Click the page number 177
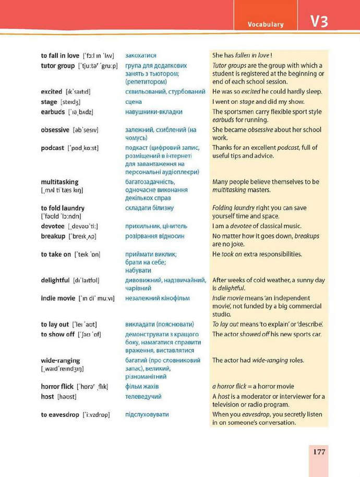pos(319,451)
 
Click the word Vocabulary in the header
pos(266,24)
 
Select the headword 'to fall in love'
pos(60,55)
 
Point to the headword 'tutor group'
pos(58,66)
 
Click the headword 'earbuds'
pos(53,112)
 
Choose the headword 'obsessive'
pos(55,130)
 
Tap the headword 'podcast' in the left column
pos(53,148)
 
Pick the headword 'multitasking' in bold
pos(59,182)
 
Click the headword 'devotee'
pos(53,226)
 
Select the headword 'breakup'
pos(53,236)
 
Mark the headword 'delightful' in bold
pos(55,280)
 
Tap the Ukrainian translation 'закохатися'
pos(141,55)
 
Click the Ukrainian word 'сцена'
pos(134,102)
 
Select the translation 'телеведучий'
pos(143,397)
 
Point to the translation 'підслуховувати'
pos(147,414)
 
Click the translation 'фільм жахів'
pos(142,387)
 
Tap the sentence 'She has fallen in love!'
pos(243,55)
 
